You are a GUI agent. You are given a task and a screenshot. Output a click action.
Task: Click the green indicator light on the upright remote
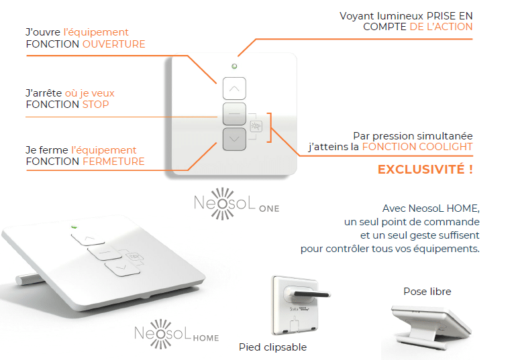[x=234, y=66]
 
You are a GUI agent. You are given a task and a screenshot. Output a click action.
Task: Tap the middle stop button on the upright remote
[x=234, y=114]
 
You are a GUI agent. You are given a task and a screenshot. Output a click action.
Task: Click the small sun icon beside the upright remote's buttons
[x=256, y=126]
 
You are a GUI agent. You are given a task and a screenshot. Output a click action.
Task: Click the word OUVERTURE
[x=113, y=44]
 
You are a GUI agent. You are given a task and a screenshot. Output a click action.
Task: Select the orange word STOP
[x=95, y=105]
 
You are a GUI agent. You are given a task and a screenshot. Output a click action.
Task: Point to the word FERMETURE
[x=113, y=162]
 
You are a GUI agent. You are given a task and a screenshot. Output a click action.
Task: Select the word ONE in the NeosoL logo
[x=269, y=208]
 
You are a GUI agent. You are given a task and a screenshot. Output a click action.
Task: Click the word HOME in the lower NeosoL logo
[x=206, y=338]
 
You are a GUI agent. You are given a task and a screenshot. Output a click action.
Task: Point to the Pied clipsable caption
[x=273, y=347]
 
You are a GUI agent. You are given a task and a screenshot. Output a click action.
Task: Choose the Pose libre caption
[x=427, y=292]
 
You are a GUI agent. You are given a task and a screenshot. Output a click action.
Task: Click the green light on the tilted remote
[x=74, y=227]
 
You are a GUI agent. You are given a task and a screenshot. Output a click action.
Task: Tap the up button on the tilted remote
[x=88, y=239]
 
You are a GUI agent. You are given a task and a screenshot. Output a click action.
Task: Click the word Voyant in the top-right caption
[x=357, y=16]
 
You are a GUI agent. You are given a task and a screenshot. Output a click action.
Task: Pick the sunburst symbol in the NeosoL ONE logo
[x=223, y=204]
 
